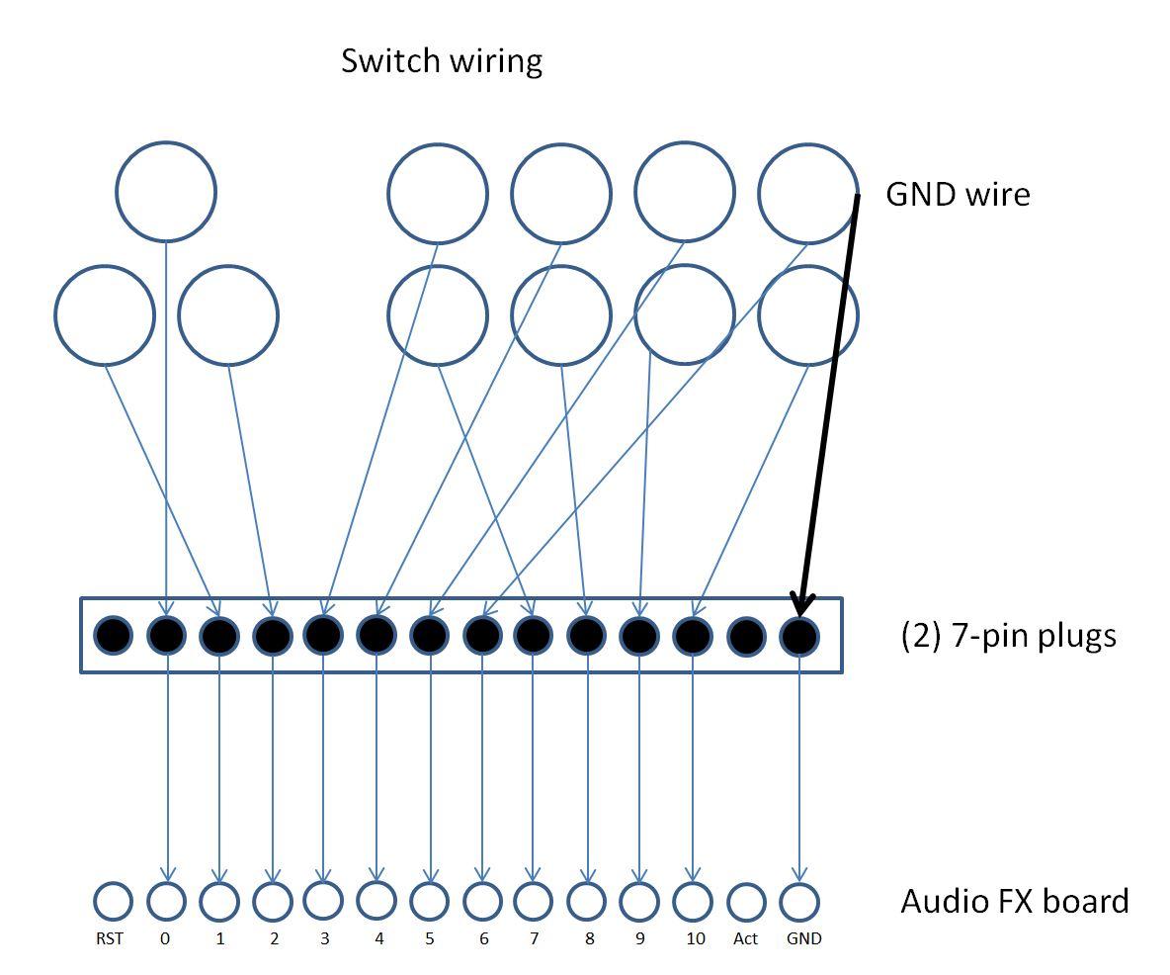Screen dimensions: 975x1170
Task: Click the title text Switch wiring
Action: pyautogui.click(x=442, y=61)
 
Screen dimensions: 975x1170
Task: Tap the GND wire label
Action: pyautogui.click(x=957, y=194)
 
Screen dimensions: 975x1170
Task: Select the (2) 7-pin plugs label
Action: pyautogui.click(x=1008, y=634)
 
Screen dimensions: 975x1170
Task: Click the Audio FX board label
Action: pyautogui.click(x=1014, y=901)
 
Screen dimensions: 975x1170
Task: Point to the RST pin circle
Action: pyautogui.click(x=113, y=901)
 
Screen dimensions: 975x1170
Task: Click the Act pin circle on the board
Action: pyautogui.click(x=746, y=901)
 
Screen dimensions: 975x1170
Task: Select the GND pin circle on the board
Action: pyautogui.click(x=798, y=901)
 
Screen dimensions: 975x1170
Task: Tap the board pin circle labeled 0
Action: pyautogui.click(x=166, y=901)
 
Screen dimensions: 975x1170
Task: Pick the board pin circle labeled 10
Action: pyautogui.click(x=693, y=901)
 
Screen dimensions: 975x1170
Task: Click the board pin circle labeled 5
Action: pyautogui.click(x=429, y=901)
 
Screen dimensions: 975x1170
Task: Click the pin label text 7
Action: pyautogui.click(x=534, y=938)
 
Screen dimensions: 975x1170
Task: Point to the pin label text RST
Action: pyautogui.click(x=110, y=938)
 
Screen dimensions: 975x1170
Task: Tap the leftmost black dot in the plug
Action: pyautogui.click(x=113, y=635)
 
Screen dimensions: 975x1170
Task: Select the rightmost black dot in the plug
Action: pyautogui.click(x=798, y=635)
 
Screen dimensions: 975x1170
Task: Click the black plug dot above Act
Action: pyautogui.click(x=746, y=635)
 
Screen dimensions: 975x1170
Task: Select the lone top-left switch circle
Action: pyautogui.click(x=165, y=192)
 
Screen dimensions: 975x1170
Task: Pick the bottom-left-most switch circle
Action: pyautogui.click(x=104, y=315)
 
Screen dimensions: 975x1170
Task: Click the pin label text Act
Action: pyautogui.click(x=745, y=938)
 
